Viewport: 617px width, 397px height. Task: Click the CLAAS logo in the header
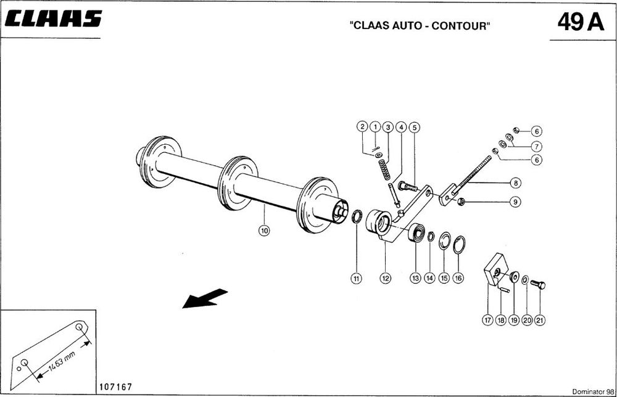click(x=53, y=20)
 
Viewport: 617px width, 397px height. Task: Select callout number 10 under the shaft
click(x=264, y=231)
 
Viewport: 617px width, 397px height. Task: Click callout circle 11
click(x=356, y=278)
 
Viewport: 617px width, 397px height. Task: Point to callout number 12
click(x=385, y=278)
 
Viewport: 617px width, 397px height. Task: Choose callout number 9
click(x=515, y=202)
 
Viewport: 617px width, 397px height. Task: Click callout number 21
click(x=540, y=320)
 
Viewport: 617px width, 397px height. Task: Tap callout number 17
click(x=487, y=320)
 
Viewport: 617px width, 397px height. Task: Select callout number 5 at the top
click(x=415, y=127)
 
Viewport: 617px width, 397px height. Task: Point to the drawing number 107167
click(x=114, y=387)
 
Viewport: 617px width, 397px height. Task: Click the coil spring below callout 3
click(x=385, y=169)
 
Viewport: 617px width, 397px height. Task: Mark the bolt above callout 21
click(x=538, y=284)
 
